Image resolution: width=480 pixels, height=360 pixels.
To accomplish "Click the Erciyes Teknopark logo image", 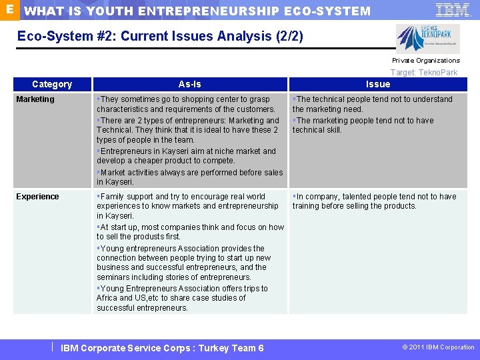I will pos(418,39).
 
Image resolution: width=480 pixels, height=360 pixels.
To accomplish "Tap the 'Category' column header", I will pos(52,84).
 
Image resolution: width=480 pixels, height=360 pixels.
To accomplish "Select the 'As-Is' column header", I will pos(189,84).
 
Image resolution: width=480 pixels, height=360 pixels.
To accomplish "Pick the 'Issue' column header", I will pos(378,84).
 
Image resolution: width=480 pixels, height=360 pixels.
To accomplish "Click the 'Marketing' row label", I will pos(35,99).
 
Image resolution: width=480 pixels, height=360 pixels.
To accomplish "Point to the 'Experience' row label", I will pos(37,197).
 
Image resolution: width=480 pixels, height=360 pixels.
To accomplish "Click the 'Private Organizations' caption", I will pos(425,61).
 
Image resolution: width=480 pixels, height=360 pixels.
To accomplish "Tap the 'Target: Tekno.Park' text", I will pos(424,72).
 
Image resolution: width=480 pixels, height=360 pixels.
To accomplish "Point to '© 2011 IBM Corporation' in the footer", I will pos(438,347).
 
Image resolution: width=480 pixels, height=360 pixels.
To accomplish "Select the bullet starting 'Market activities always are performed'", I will pos(189,177).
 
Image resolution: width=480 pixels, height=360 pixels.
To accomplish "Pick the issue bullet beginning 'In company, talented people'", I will pos(374,201).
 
